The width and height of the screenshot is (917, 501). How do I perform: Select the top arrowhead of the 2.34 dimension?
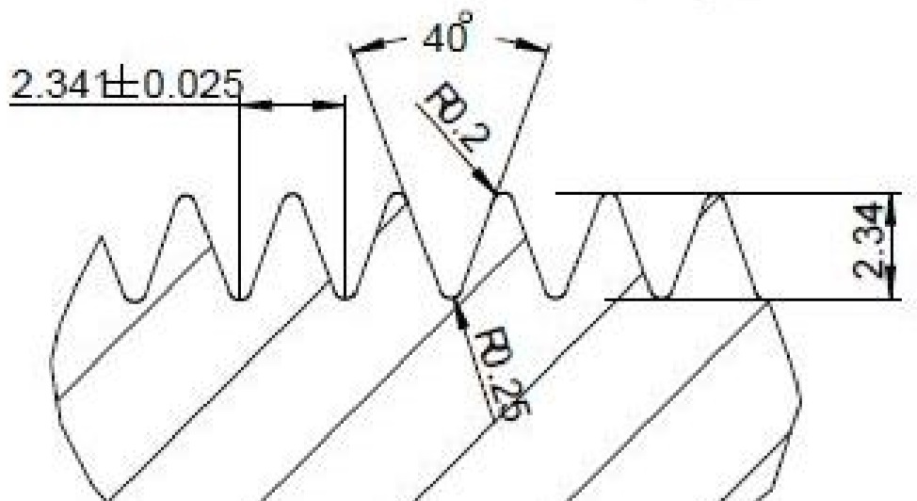[x=892, y=202]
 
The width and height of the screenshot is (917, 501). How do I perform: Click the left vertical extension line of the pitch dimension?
[x=240, y=188]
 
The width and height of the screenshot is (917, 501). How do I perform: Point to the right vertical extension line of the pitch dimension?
[x=346, y=188]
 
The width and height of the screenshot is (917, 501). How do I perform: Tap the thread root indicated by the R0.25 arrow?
[x=455, y=298]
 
